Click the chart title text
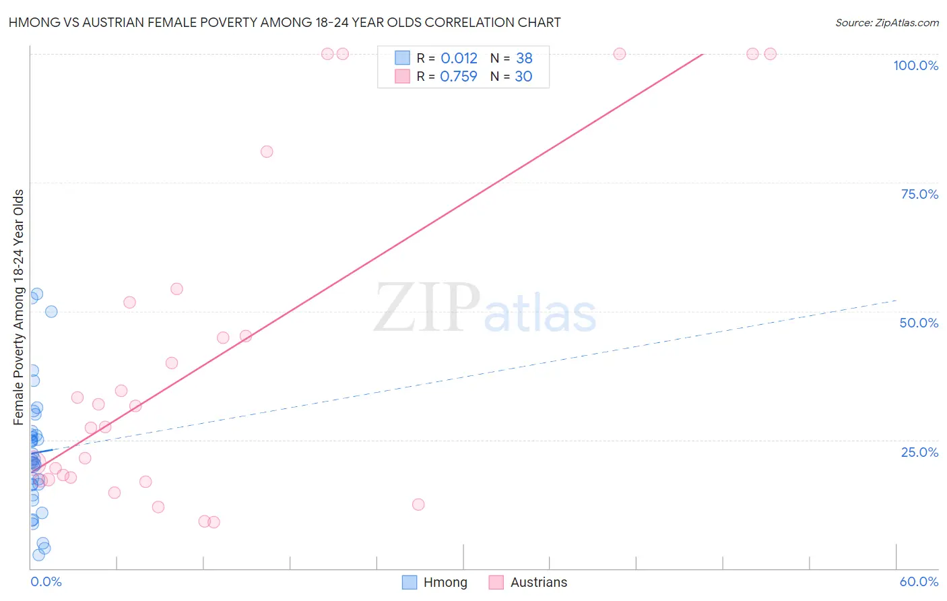pos(284,22)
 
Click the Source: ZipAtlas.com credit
pos(886,22)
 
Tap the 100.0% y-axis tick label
pos(915,65)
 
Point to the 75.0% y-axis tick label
pos(919,194)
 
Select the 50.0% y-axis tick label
pos(919,323)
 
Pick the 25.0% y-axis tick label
pos(919,452)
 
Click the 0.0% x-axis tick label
pos(46,581)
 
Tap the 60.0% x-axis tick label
pos(919,581)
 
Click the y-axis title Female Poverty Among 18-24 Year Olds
pos(19,307)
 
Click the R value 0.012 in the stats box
pos(459,59)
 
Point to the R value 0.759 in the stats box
pos(458,77)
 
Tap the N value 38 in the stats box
pos(524,59)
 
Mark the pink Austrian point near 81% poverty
pos(267,152)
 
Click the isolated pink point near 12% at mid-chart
pos(418,505)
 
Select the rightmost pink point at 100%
pos(771,54)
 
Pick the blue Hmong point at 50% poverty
pos(51,311)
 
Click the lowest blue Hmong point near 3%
pos(38,555)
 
